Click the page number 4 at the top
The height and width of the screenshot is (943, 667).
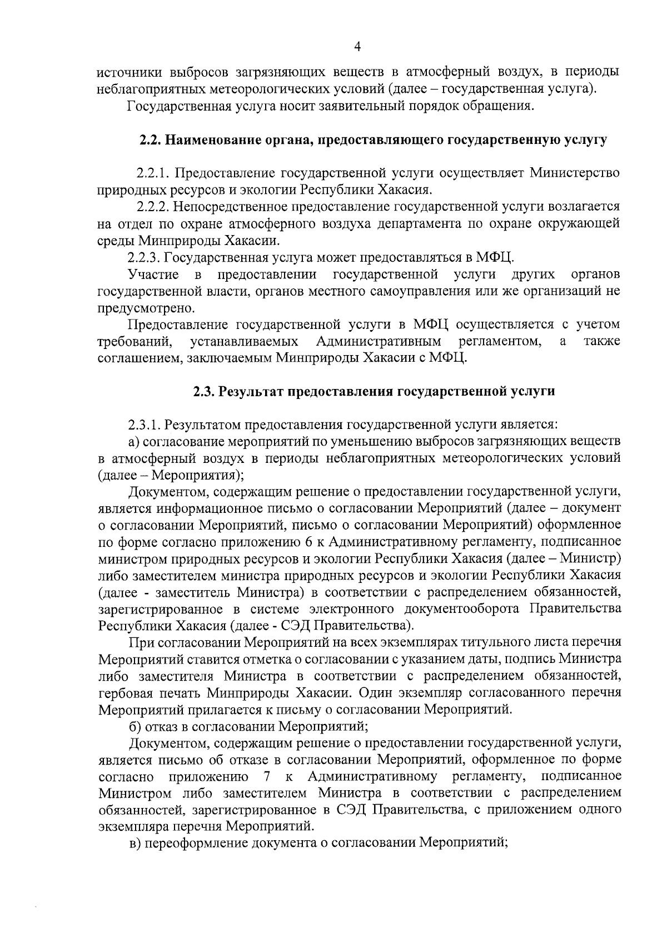tap(357, 48)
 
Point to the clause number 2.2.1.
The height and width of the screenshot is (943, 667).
tap(153, 173)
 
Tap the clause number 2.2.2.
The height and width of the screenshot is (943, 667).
tap(154, 207)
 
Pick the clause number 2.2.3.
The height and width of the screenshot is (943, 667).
tap(145, 257)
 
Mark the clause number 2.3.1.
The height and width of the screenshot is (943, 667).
tap(145, 425)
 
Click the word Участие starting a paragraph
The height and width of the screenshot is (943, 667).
tap(153, 274)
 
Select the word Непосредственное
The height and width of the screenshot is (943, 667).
tap(225, 207)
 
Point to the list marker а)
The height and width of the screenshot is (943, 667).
tap(133, 442)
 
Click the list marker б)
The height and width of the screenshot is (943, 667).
tap(133, 726)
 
